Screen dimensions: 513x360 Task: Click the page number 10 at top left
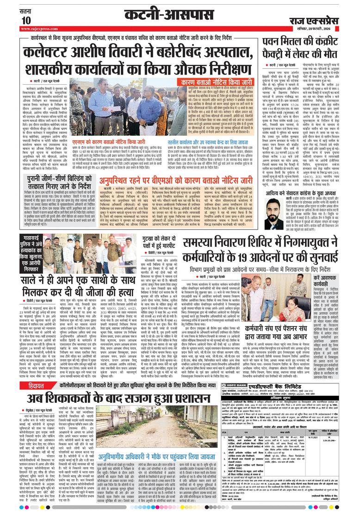click(26, 20)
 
